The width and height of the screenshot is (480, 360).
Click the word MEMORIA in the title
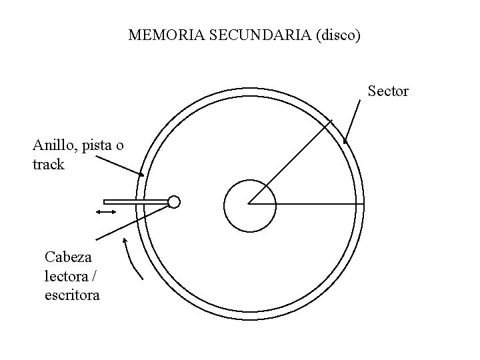[x=157, y=35]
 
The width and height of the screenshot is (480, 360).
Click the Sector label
[x=388, y=91]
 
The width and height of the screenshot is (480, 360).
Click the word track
[x=48, y=163]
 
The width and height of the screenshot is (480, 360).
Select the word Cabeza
[x=68, y=257]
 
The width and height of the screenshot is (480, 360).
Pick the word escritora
[x=72, y=293]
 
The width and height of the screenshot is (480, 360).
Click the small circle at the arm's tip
[x=174, y=201]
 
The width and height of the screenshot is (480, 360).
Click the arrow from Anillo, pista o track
[x=120, y=165]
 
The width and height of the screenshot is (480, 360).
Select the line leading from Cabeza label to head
[x=130, y=221]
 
